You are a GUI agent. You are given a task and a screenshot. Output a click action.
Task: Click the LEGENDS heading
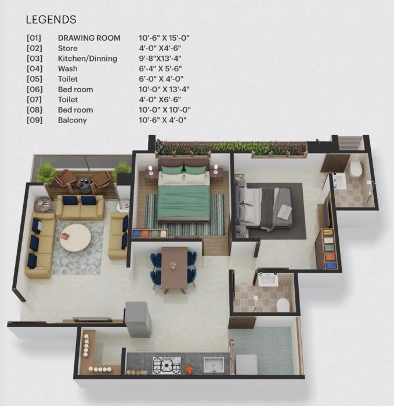tap(51, 20)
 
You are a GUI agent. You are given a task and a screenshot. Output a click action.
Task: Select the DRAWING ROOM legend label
tap(89, 38)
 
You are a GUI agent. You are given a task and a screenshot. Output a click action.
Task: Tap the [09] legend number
tap(34, 120)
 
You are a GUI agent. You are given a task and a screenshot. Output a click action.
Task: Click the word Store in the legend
tap(67, 49)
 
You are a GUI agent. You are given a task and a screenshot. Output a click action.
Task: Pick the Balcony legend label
tap(72, 120)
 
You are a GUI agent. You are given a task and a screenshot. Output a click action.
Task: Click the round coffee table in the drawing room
tap(75, 238)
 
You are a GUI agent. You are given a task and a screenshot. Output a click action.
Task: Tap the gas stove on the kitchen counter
tap(167, 365)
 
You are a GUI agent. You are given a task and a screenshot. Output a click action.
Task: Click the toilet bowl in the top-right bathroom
tap(356, 169)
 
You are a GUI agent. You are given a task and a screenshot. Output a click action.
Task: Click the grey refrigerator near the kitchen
tap(138, 318)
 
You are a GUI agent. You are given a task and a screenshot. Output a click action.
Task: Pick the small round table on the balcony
tap(85, 184)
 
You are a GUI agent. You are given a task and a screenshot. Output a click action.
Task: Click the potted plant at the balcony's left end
tap(45, 172)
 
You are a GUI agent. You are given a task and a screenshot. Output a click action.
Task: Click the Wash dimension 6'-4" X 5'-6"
tap(164, 69)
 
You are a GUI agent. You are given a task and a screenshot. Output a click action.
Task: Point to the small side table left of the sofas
tap(44, 204)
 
